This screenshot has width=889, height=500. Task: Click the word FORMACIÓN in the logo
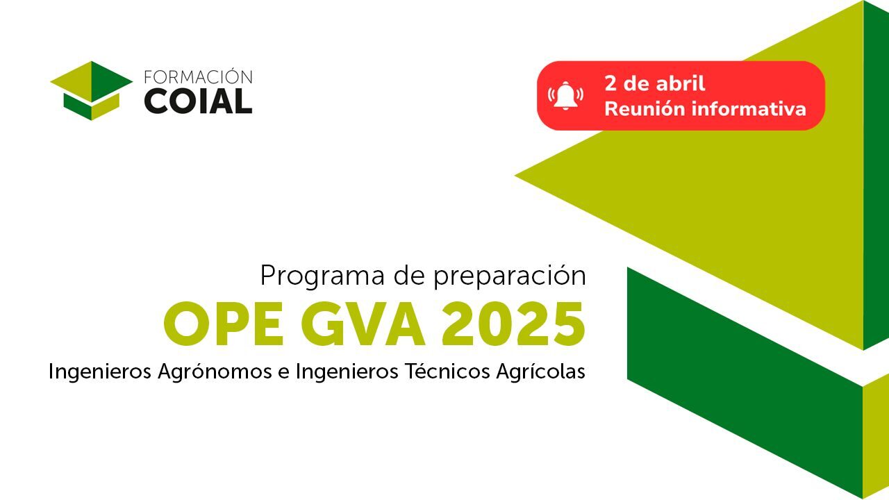point(198,77)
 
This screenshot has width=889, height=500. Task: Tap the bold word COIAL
point(198,101)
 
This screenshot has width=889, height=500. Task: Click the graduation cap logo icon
point(91,90)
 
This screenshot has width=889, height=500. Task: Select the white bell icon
point(565,95)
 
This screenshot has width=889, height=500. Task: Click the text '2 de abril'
point(655,83)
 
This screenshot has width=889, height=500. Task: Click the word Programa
point(322,276)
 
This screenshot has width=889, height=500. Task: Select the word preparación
point(510,276)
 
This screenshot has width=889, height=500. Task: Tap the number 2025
point(513,324)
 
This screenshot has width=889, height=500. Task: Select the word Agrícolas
point(540,372)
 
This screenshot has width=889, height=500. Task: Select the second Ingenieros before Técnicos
point(347,372)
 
